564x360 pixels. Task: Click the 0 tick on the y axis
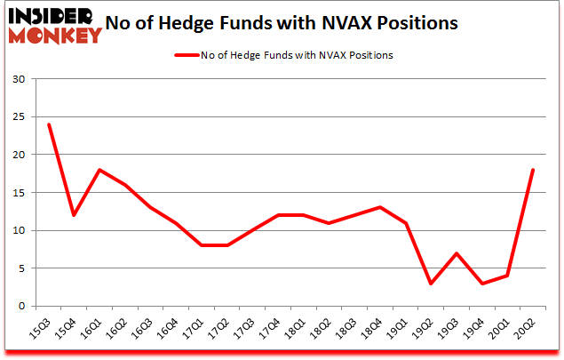point(20,307)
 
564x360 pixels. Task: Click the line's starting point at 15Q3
point(49,124)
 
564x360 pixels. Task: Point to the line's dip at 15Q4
point(75,215)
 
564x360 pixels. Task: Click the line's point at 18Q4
point(381,208)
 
